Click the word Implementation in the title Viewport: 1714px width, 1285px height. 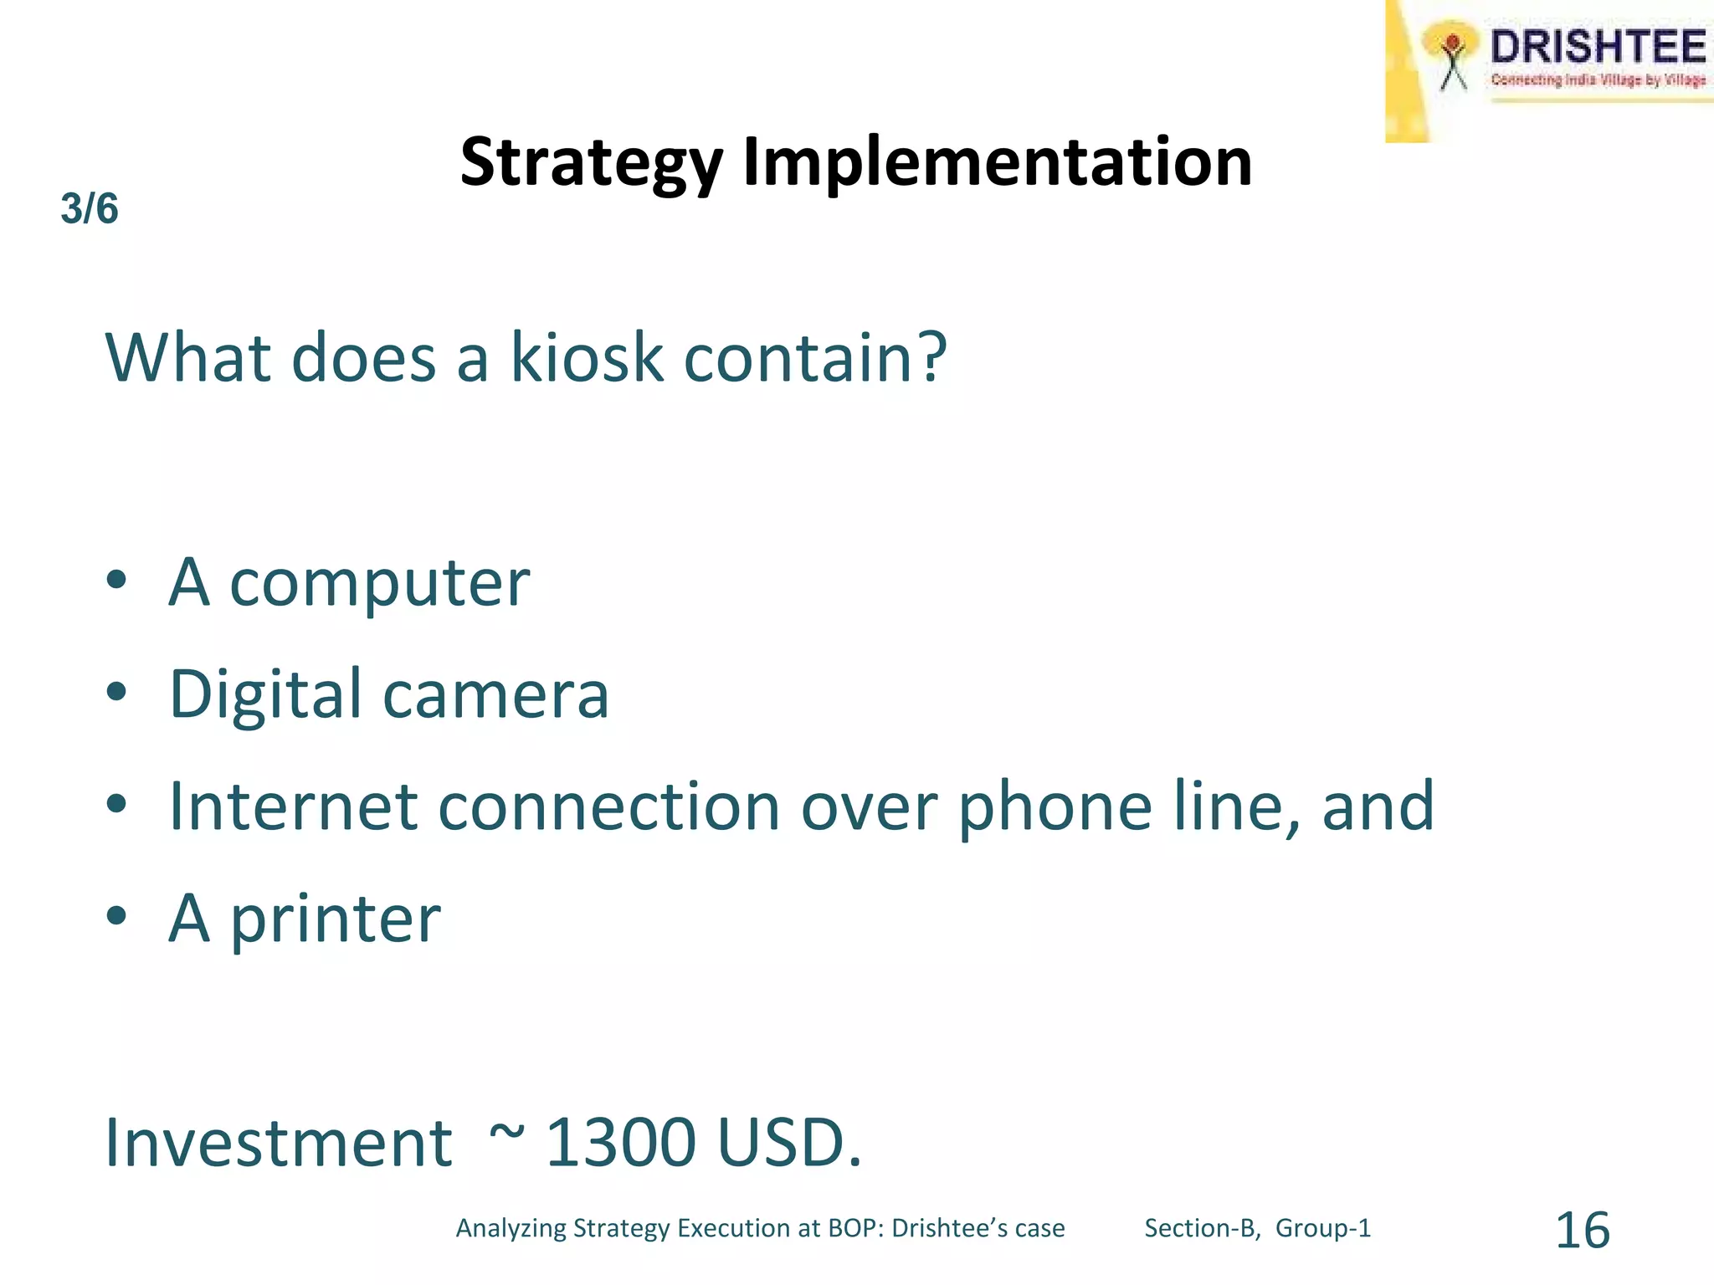pyautogui.click(x=998, y=161)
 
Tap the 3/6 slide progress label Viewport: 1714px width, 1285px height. pyautogui.click(x=90, y=208)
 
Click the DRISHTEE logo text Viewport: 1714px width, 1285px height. pyautogui.click(x=1598, y=47)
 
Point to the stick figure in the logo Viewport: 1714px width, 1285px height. pyautogui.click(x=1454, y=60)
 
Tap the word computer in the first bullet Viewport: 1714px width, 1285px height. pyautogui.click(x=379, y=583)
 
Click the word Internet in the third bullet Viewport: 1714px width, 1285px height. pyautogui.click(x=293, y=806)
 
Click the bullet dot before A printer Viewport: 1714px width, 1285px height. pyautogui.click(x=116, y=916)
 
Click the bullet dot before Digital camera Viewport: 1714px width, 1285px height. pyautogui.click(x=116, y=692)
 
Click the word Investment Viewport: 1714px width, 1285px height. pyautogui.click(x=279, y=1143)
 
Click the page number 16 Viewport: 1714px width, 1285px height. pyautogui.click(x=1582, y=1231)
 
